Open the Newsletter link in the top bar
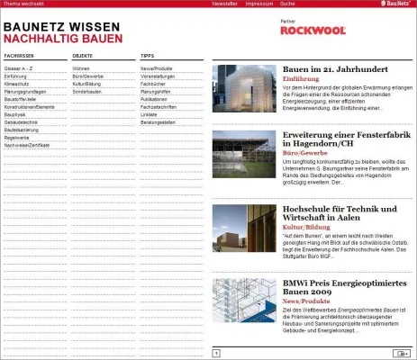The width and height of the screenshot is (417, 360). click(224, 4)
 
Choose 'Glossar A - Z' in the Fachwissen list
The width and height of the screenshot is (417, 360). click(17, 67)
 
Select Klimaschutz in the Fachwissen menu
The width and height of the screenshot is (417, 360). click(15, 84)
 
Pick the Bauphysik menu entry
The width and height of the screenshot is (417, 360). click(14, 114)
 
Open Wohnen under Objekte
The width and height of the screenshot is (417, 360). click(81, 67)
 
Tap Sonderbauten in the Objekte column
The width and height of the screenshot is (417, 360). click(86, 91)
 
